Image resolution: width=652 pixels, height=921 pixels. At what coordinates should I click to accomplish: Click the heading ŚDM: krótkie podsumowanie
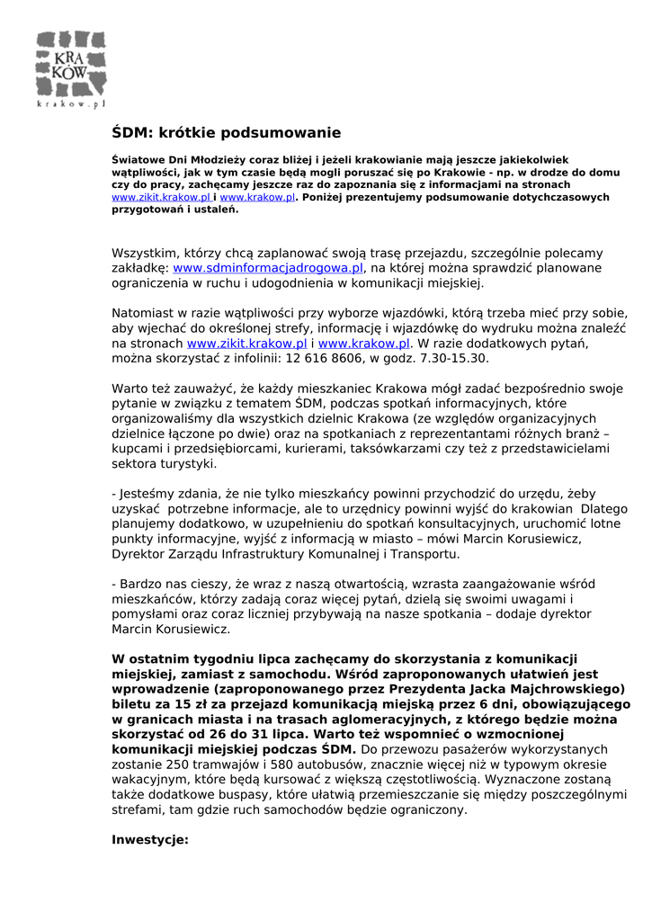(226, 133)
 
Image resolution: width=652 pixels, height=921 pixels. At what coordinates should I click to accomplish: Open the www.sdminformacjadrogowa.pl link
(268, 268)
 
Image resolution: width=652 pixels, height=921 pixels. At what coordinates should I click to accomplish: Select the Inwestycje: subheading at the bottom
(149, 840)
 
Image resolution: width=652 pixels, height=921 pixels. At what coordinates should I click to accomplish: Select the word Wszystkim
(145, 254)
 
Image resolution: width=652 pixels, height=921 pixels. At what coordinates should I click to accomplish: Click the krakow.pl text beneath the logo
(71, 103)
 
